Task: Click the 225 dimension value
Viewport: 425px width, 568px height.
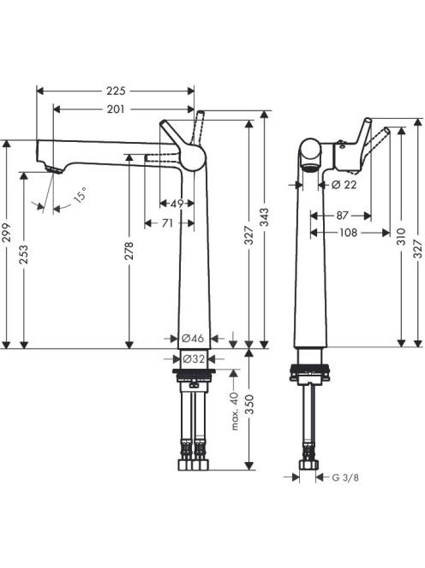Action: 116,91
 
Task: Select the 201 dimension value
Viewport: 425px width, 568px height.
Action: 116,109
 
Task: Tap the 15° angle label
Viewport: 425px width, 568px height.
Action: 81,194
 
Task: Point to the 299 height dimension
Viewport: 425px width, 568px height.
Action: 8,233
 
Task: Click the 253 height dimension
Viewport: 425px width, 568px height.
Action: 23,255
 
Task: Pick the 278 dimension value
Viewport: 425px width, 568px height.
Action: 129,251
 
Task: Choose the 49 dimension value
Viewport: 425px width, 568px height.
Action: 177,204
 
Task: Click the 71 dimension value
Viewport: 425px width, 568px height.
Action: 167,223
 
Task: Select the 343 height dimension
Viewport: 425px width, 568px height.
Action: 265,217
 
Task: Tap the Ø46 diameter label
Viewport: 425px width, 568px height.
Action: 193,339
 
